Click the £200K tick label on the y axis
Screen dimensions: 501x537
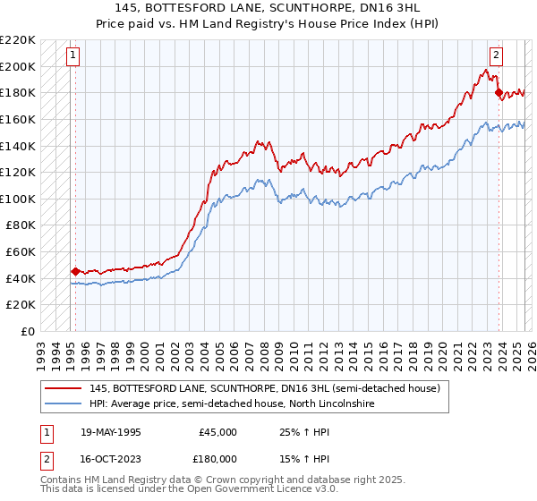tap(20, 66)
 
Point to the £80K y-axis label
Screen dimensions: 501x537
tap(22, 225)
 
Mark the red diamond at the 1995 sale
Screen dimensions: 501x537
tap(75, 271)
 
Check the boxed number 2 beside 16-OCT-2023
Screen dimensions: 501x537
tap(46, 458)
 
